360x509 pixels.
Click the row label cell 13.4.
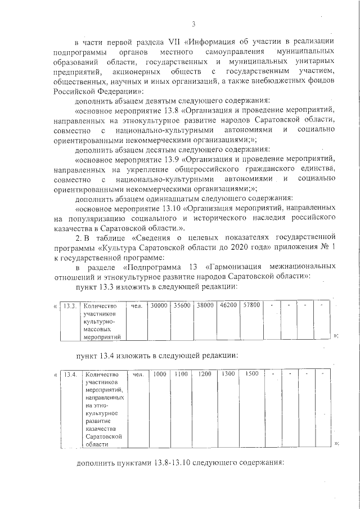[70, 374]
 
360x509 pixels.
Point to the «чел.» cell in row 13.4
[137, 374]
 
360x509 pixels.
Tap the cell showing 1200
[205, 374]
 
